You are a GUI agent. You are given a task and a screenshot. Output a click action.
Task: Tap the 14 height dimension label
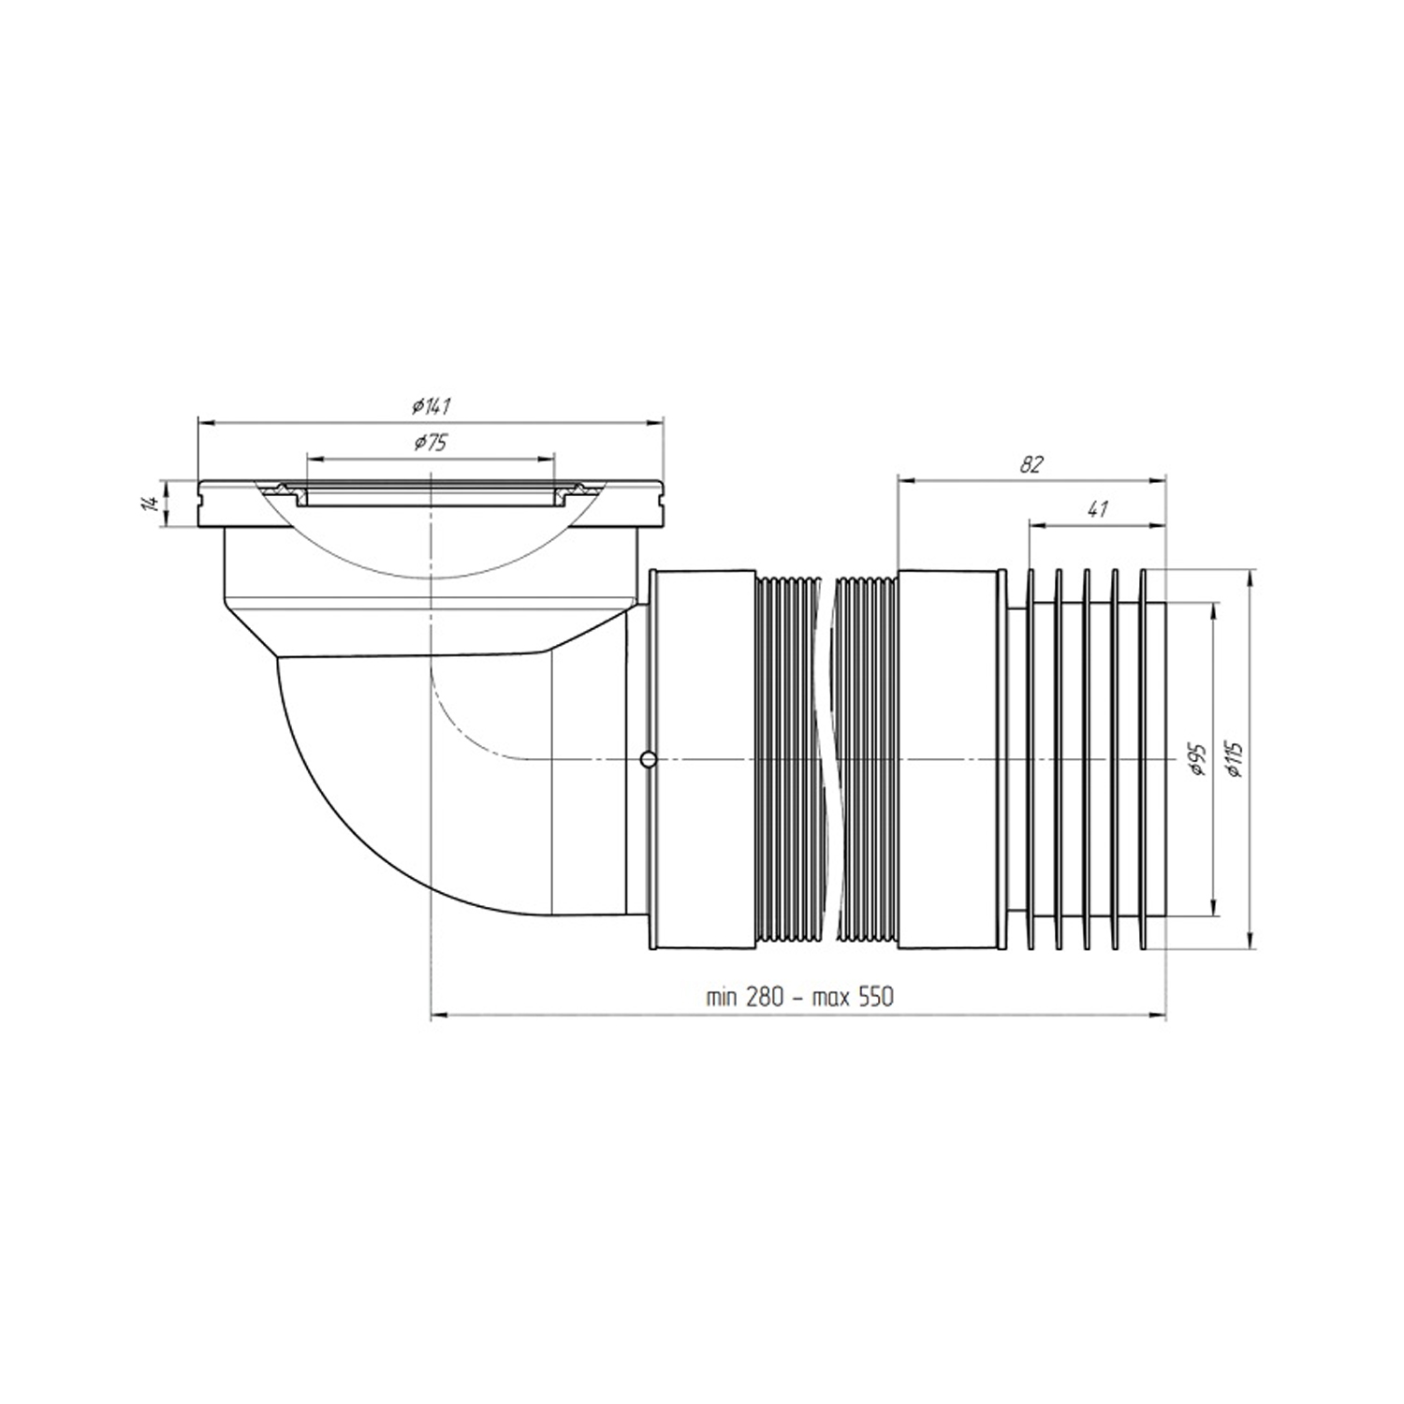(x=147, y=505)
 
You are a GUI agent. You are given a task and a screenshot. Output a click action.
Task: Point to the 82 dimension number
(x=1031, y=464)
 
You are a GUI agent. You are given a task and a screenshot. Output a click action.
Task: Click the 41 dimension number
(x=1098, y=510)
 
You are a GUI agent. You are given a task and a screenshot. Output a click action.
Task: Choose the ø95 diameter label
(x=1198, y=759)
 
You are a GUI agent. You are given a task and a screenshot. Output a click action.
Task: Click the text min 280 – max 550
(x=800, y=997)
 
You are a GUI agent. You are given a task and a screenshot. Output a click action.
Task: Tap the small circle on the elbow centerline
(x=647, y=758)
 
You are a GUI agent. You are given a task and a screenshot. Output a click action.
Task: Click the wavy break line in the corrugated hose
(x=826, y=759)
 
